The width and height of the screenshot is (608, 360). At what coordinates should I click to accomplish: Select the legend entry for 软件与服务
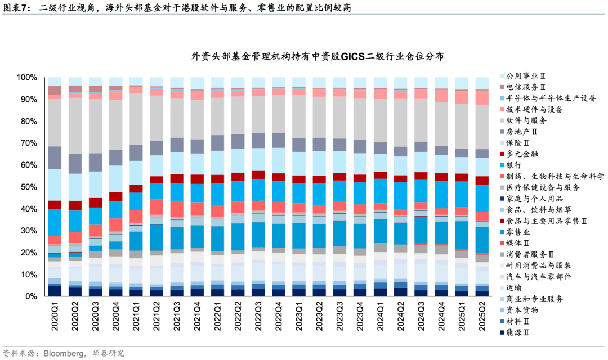click(526, 120)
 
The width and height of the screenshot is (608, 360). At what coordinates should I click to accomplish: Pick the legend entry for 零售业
click(517, 232)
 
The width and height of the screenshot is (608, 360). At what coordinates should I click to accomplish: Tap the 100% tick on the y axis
click(26, 77)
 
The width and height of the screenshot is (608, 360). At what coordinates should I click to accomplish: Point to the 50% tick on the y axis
click(29, 187)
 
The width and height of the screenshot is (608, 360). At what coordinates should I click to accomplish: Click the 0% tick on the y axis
click(31, 296)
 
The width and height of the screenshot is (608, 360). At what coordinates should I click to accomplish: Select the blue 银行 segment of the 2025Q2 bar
click(482, 197)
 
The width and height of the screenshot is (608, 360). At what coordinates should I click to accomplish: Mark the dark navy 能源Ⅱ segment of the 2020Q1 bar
click(55, 291)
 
